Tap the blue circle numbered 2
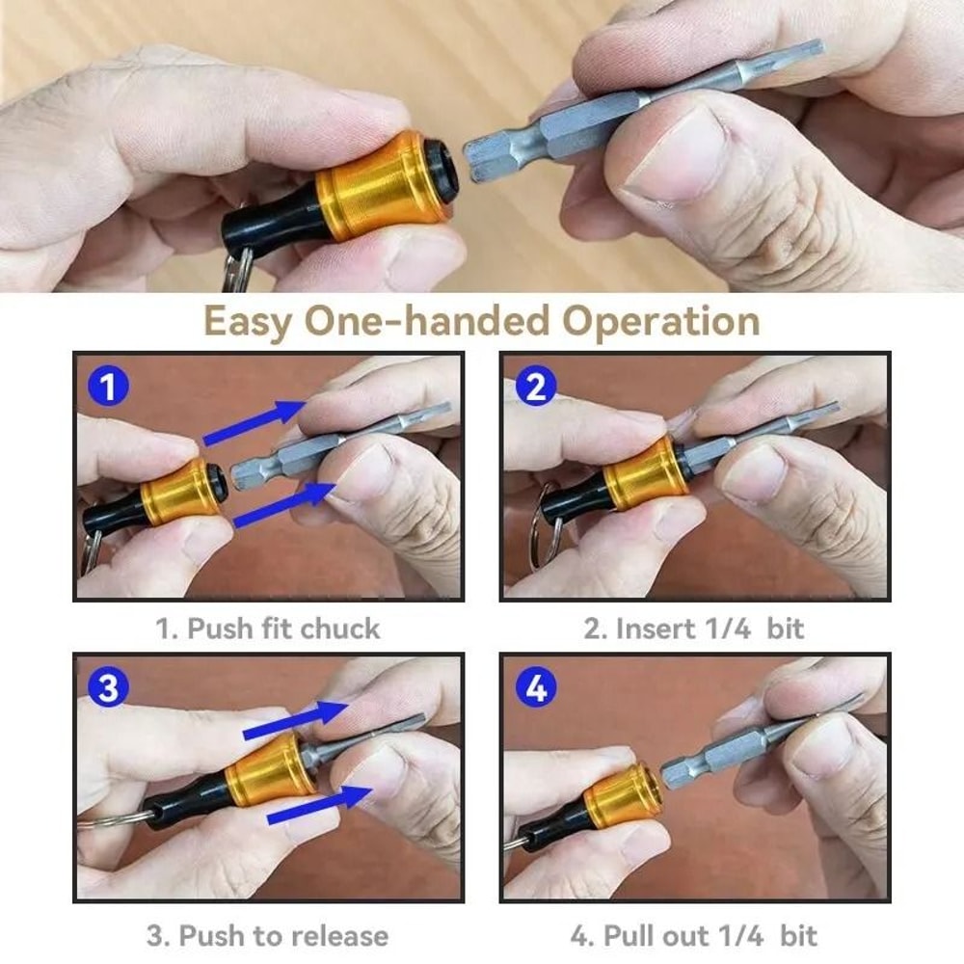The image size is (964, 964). [x=536, y=388]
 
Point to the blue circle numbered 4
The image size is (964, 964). [x=536, y=688]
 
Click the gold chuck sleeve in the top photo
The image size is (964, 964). [x=371, y=191]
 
